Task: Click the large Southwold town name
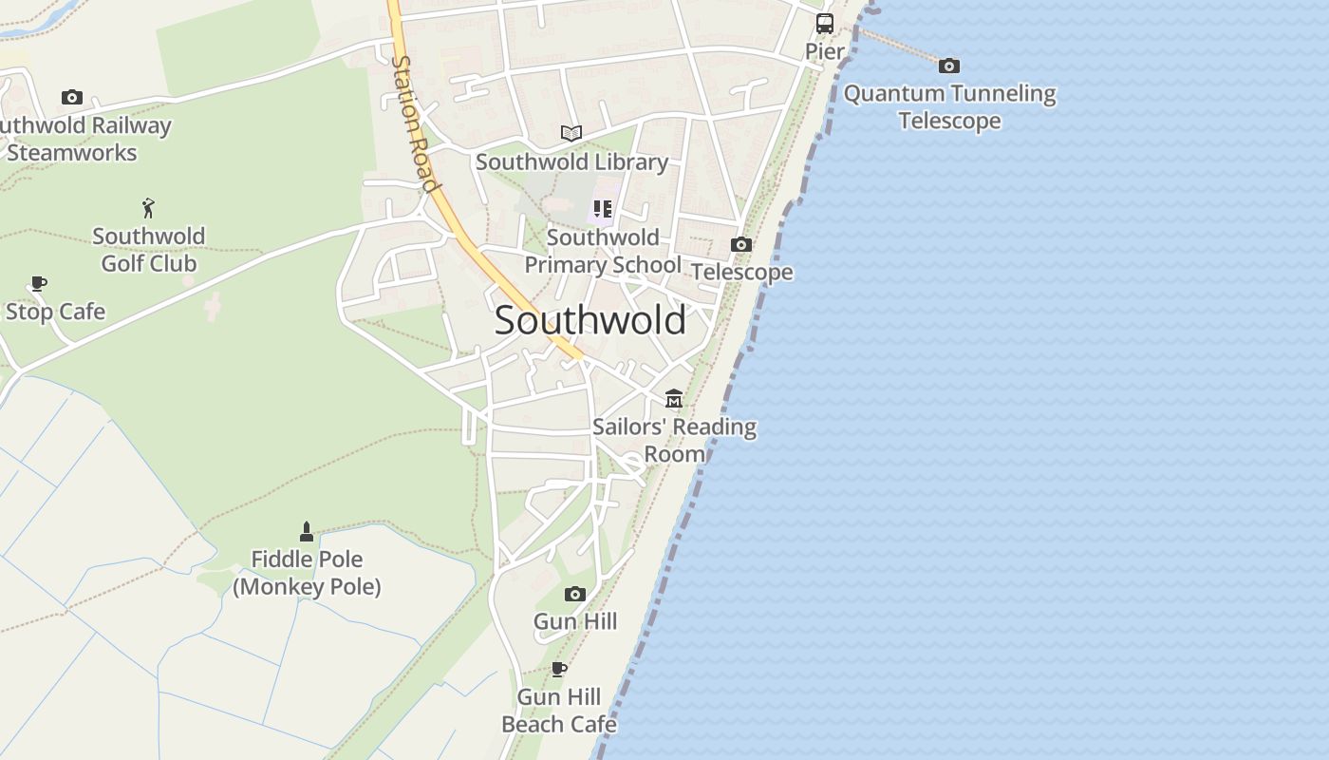tap(590, 320)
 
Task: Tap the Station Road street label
tap(415, 123)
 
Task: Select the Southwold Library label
tap(571, 161)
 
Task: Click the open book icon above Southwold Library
tap(571, 134)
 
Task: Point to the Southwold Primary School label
tap(603, 251)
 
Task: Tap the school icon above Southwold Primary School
tap(603, 209)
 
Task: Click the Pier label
tap(825, 51)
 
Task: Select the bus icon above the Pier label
tap(825, 24)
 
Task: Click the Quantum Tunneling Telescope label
tap(949, 106)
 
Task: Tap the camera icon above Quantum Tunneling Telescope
tap(949, 66)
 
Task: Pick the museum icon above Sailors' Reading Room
tap(674, 399)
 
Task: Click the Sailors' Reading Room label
tap(674, 440)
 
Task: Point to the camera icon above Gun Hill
tap(575, 594)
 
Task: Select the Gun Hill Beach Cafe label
tap(559, 711)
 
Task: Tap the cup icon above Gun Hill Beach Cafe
tap(559, 669)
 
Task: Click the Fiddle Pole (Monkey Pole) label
tap(307, 573)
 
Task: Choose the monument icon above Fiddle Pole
tap(307, 531)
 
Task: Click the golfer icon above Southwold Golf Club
tap(148, 208)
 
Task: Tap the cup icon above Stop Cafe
tap(38, 283)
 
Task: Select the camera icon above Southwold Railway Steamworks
tap(72, 97)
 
